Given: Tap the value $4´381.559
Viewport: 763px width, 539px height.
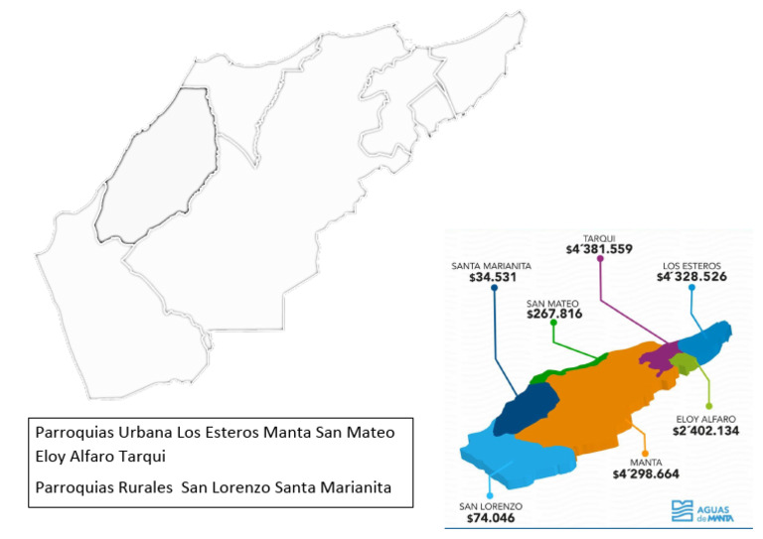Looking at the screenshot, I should (x=599, y=250).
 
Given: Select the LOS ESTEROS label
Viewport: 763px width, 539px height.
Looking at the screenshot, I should (x=691, y=264).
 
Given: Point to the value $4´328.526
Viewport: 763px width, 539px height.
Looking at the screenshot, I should (x=691, y=277).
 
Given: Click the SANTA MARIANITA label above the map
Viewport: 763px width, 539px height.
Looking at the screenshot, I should (x=490, y=266).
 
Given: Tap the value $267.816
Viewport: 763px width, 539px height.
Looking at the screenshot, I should (x=553, y=314).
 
